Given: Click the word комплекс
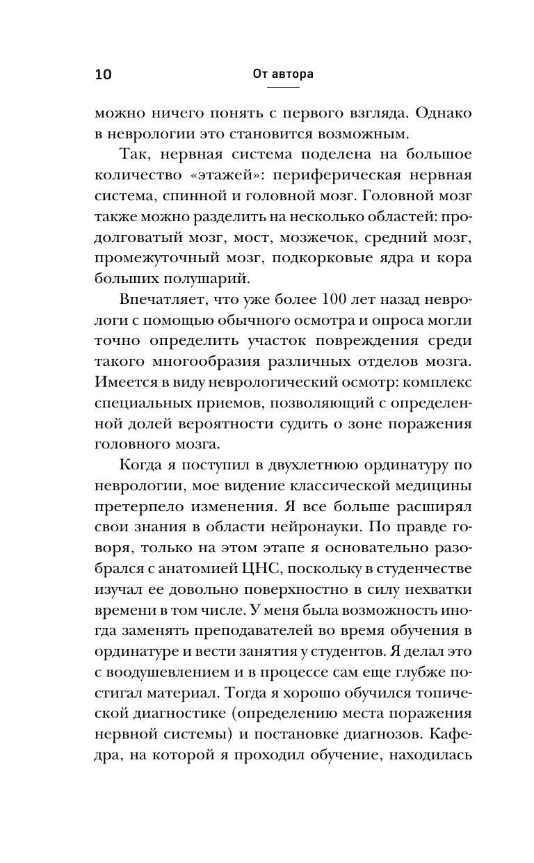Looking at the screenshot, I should pyautogui.click(x=441, y=382).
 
